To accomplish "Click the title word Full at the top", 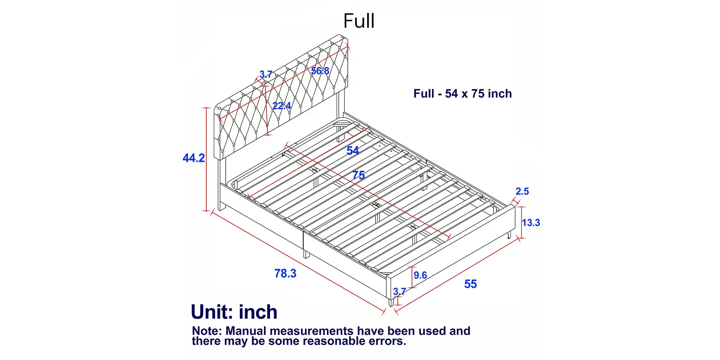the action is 359,21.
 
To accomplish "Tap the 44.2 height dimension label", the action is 194,158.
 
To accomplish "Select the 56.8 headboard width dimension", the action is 320,71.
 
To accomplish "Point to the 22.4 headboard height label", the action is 282,106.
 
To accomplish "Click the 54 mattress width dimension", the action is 353,150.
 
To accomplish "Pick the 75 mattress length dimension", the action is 359,175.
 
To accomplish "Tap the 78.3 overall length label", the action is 285,274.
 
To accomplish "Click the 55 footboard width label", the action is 471,284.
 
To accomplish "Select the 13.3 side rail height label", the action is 531,223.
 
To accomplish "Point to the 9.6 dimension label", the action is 420,275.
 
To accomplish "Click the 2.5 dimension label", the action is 522,192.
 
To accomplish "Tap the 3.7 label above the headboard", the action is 266,75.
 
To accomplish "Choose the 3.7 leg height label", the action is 400,292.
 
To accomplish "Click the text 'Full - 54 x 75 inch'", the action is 463,94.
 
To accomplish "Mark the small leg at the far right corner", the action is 509,235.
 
